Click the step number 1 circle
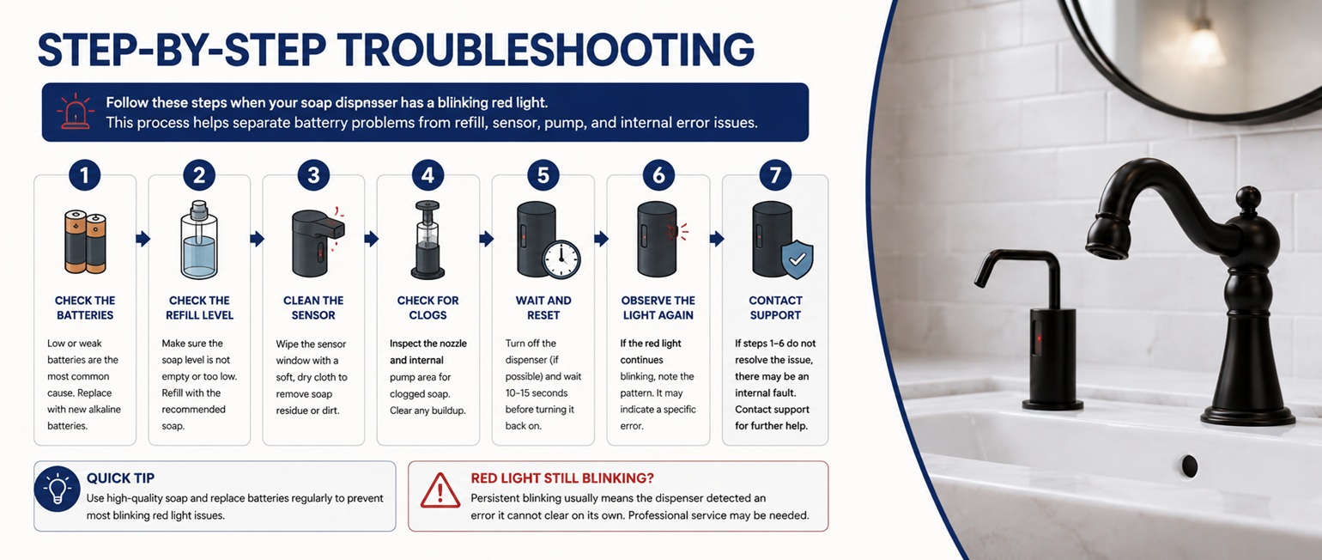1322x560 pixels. (84, 175)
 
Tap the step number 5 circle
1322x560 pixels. (543, 175)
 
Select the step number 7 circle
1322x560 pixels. (775, 175)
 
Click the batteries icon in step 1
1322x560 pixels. (85, 241)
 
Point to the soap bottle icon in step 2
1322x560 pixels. (199, 240)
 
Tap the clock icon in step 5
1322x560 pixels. (561, 259)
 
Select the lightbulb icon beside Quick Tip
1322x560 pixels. (58, 490)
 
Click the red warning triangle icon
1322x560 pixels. (440, 490)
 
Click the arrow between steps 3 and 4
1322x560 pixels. (371, 239)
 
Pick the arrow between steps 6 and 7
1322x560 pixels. (717, 239)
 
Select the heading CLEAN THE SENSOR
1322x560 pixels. (313, 307)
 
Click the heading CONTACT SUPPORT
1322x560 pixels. (775, 307)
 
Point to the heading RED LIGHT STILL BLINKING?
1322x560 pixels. (562, 478)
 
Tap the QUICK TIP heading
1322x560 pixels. (120, 478)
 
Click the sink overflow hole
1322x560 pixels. (1189, 466)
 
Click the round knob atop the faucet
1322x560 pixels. (1247, 199)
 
